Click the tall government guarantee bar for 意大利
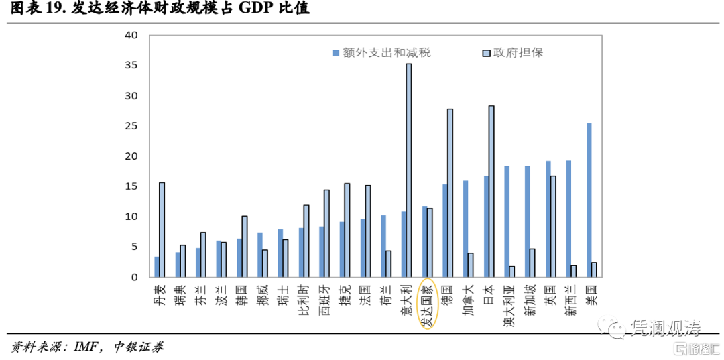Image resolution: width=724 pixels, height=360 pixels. click(x=409, y=170)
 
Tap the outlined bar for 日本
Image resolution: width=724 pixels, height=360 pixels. click(x=491, y=191)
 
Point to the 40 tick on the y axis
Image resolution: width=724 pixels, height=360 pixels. click(x=131, y=35)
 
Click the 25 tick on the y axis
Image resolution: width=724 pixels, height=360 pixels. click(x=131, y=126)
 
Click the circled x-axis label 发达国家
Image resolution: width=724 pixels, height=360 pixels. click(x=427, y=305)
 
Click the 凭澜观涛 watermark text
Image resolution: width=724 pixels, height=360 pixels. click(x=664, y=328)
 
